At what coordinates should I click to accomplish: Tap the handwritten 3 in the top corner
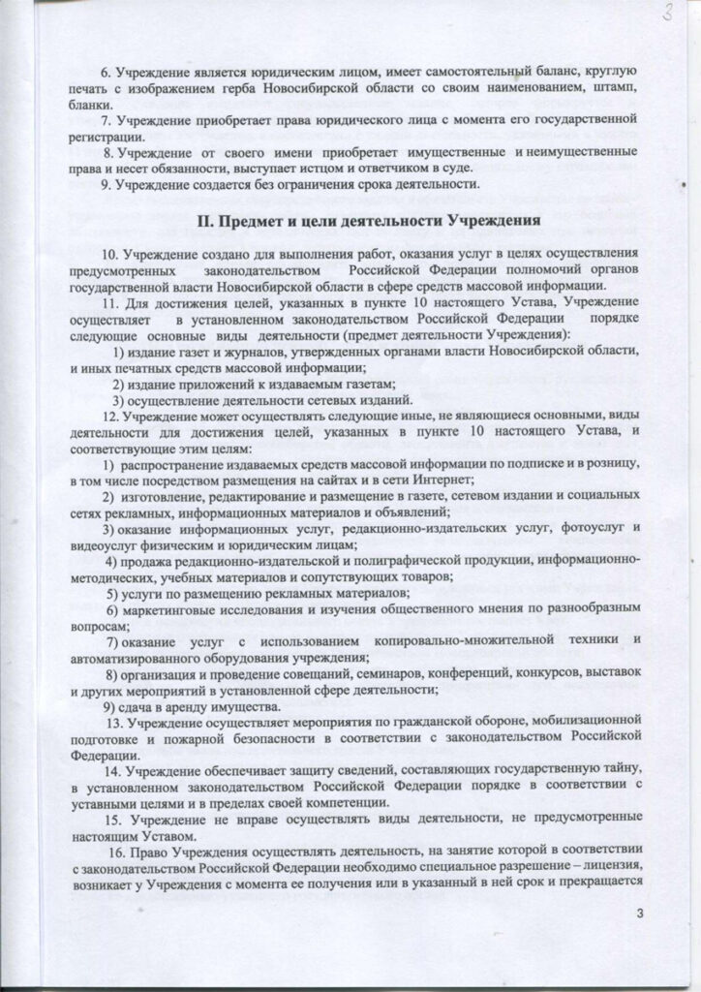pos(668,15)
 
